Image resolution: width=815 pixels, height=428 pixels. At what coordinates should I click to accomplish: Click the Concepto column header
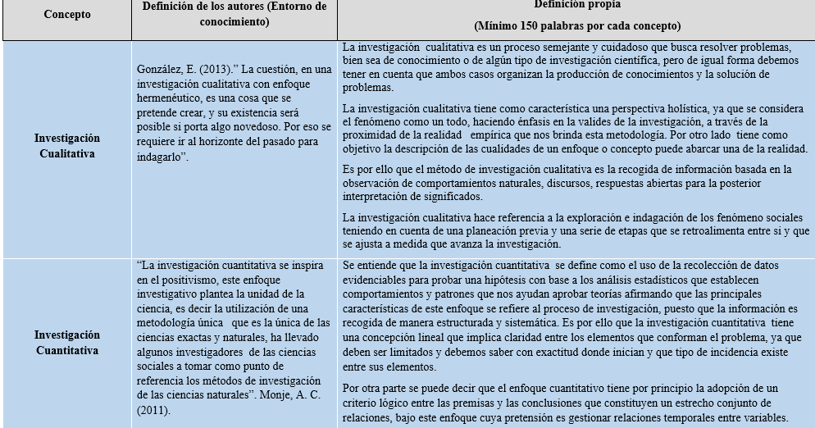(67, 14)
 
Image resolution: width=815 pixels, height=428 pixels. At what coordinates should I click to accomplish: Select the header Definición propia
(576, 5)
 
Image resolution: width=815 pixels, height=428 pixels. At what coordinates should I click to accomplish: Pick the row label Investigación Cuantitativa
(67, 343)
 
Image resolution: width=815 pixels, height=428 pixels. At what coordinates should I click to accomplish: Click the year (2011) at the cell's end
(153, 410)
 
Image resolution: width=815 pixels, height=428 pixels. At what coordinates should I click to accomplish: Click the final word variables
(764, 417)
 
